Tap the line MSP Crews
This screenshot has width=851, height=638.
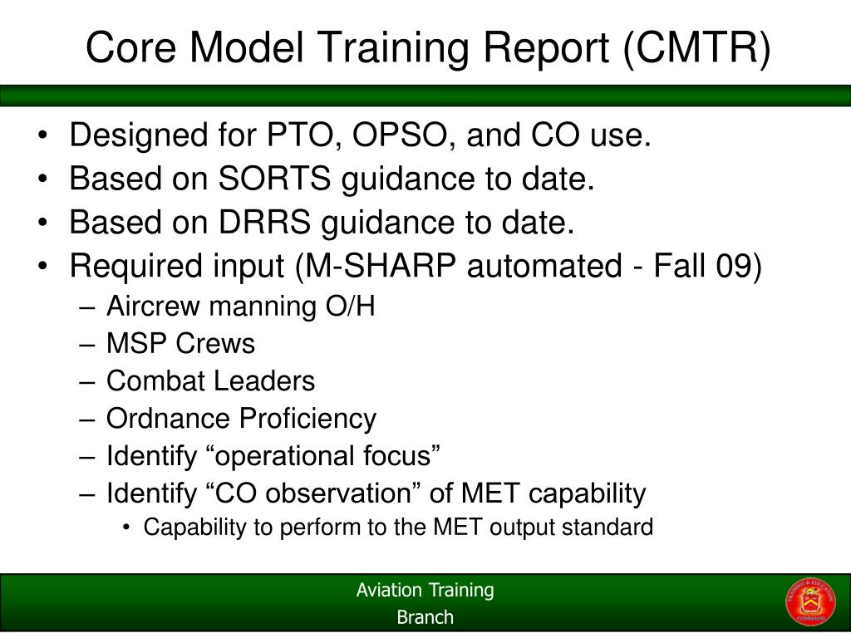(180, 344)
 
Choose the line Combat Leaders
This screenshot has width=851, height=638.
(210, 381)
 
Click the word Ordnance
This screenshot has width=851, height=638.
(169, 419)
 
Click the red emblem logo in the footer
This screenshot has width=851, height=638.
(810, 602)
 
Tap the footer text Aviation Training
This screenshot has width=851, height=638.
(425, 591)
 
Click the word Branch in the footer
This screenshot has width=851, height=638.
(425, 617)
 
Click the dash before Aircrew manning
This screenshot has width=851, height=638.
(90, 307)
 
